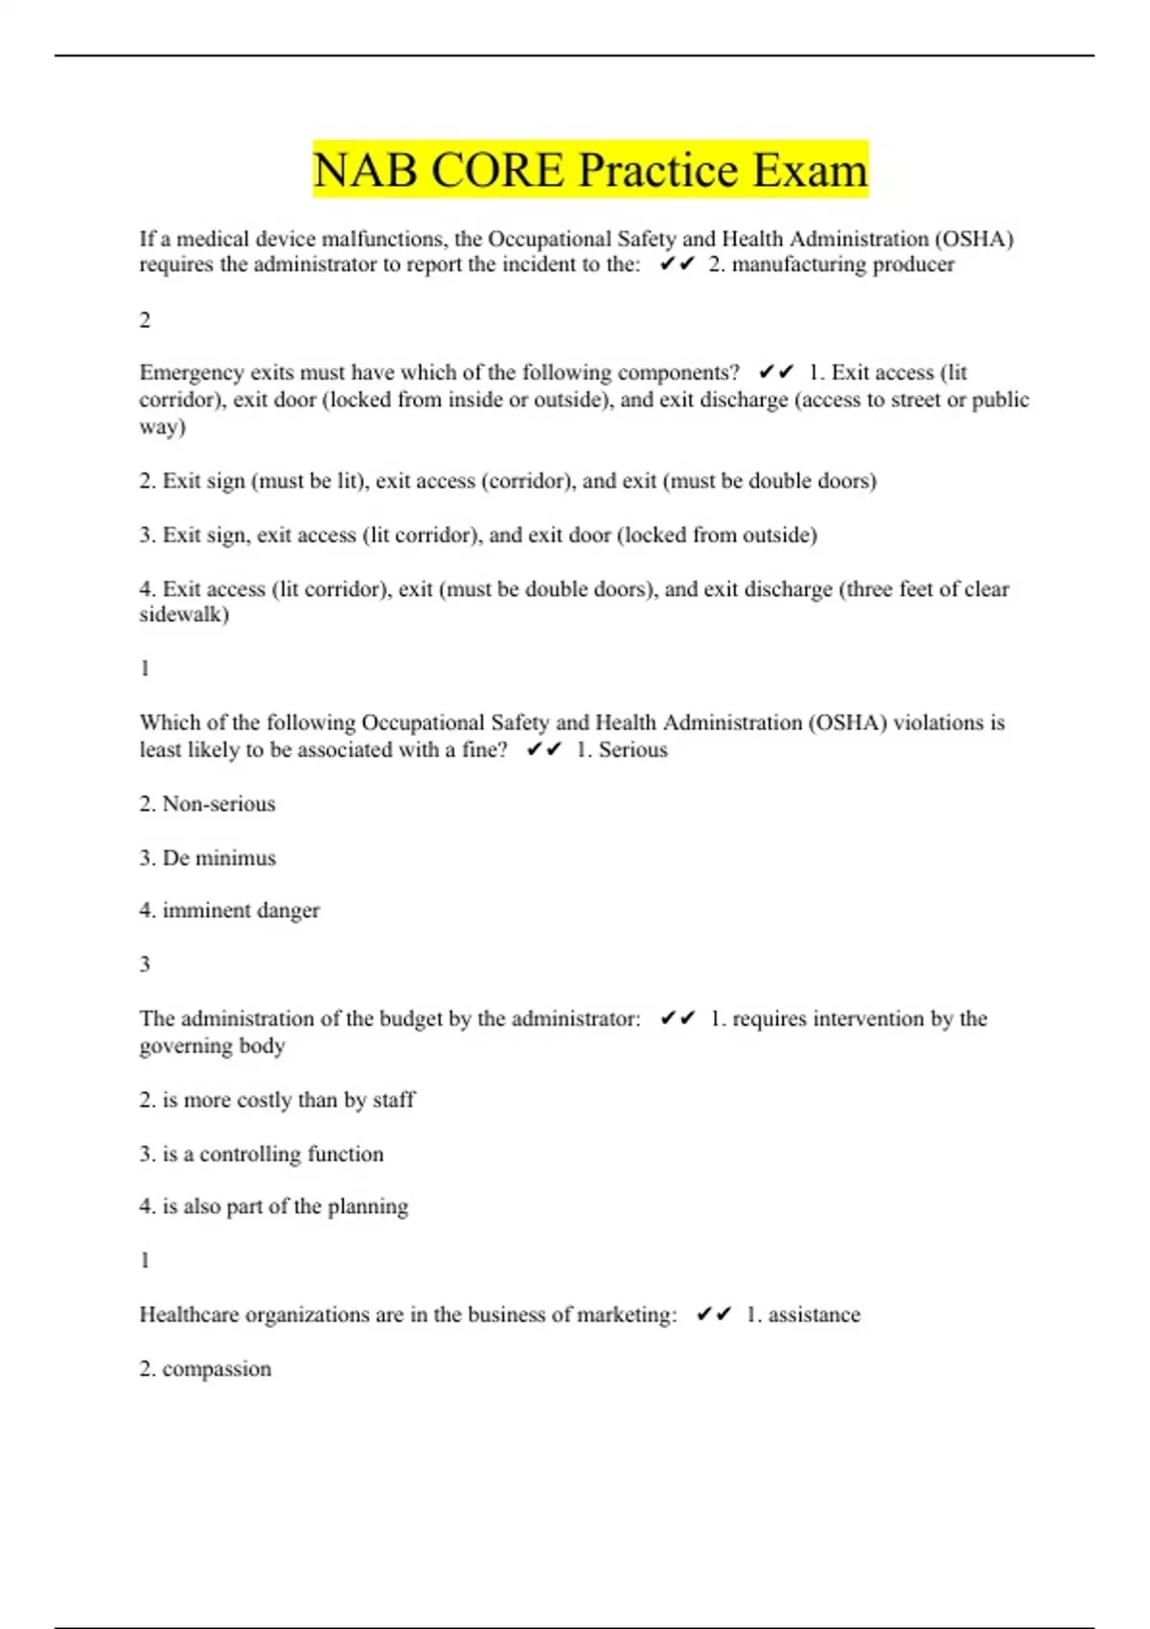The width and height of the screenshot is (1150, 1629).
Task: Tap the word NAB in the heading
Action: (x=365, y=171)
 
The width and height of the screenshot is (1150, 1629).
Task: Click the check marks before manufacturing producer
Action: (x=677, y=264)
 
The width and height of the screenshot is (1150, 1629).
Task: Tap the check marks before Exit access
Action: (x=775, y=372)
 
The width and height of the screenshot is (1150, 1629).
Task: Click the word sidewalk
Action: (x=181, y=614)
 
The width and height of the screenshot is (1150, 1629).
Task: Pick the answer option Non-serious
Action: (x=218, y=804)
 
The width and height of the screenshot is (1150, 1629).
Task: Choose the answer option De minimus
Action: (x=218, y=858)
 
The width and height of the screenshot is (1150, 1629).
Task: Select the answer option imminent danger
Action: (x=241, y=910)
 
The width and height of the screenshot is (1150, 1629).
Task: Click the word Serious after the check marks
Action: (x=632, y=749)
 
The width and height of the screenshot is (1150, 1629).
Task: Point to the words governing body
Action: (x=212, y=1045)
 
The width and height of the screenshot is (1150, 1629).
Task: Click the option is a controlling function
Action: (x=272, y=1154)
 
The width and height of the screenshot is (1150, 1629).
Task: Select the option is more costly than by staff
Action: (x=288, y=1100)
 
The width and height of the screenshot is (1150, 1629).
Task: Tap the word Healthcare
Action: (x=190, y=1315)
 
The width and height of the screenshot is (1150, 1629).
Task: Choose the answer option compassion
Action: (x=217, y=1368)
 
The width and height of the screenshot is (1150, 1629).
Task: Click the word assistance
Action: (x=814, y=1315)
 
